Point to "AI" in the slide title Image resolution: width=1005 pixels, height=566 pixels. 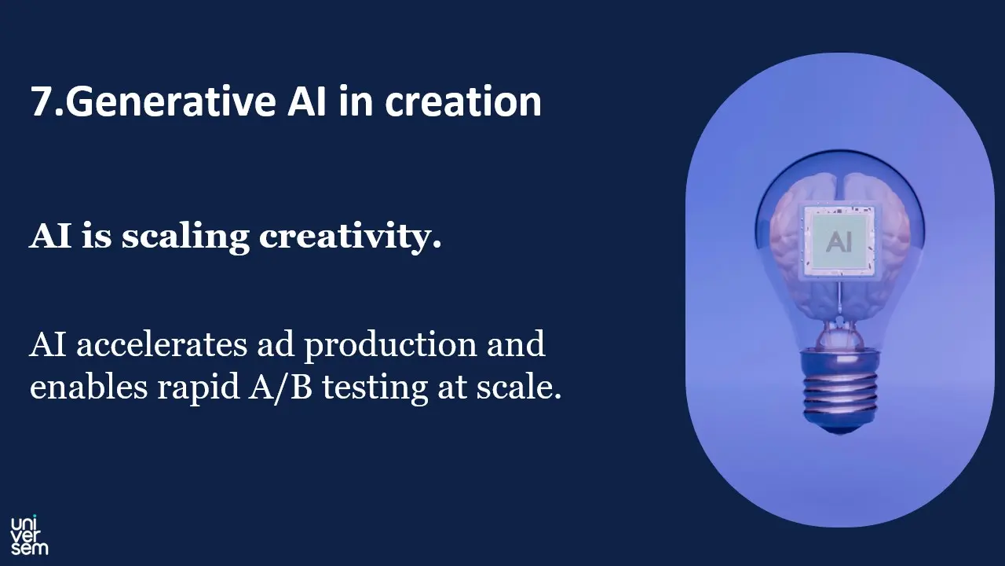pyautogui.click(x=307, y=102)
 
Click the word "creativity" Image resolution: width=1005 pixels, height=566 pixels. pyautogui.click(x=350, y=237)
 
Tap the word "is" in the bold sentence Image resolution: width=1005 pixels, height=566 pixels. pyautogui.click(x=97, y=237)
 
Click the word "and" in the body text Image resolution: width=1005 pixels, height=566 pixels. pyautogui.click(x=515, y=345)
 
